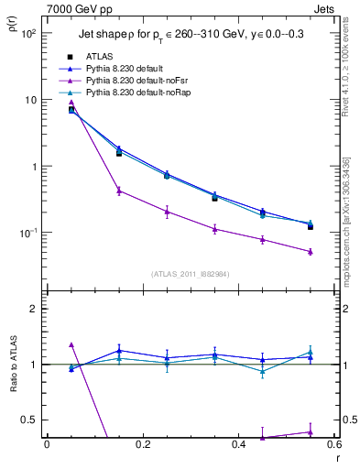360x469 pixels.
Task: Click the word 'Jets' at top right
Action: [x=327, y=7]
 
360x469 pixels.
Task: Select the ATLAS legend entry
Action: [x=100, y=56]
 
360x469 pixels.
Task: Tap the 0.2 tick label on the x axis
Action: [x=142, y=444]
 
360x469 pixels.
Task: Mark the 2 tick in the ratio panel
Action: [x=34, y=309]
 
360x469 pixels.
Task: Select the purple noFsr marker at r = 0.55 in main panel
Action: [x=311, y=251]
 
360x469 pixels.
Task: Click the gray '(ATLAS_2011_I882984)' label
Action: [x=190, y=274]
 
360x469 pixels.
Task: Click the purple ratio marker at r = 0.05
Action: [x=71, y=344]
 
